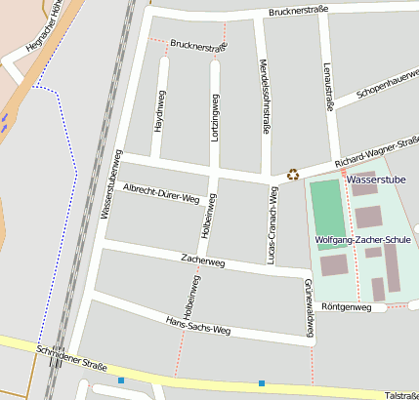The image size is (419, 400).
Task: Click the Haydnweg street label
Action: coord(158,118)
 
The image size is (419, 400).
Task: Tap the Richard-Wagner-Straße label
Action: coord(377,151)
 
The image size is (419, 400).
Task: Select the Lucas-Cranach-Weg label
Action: coord(272,224)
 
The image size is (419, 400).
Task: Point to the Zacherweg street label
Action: coord(203,261)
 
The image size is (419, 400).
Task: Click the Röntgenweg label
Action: coord(347,307)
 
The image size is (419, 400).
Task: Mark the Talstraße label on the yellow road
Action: coord(400,395)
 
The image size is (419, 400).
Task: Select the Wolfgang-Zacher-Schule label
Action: coord(363,239)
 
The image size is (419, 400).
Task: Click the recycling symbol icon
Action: coord(293,175)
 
